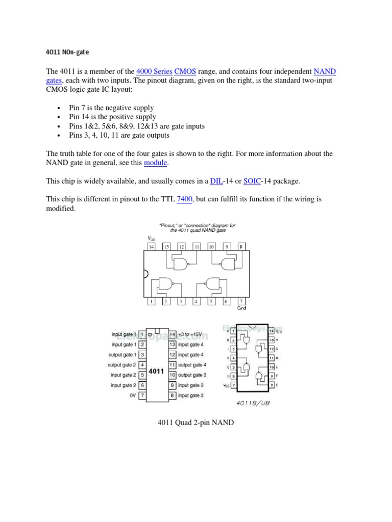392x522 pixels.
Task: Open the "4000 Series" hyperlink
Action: click(x=154, y=72)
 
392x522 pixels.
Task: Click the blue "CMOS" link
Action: click(x=185, y=72)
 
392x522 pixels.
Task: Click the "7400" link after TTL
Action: click(x=184, y=199)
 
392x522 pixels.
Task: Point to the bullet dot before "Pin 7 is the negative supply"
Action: click(x=60, y=109)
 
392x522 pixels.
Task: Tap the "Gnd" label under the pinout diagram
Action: click(x=242, y=308)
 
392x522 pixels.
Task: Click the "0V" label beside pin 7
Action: click(x=132, y=395)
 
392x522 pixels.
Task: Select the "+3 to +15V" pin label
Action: click(x=190, y=334)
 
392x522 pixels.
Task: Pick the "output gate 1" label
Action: click(x=122, y=355)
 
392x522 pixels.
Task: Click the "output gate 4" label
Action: click(x=192, y=365)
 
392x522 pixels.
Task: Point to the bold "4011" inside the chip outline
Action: click(x=156, y=371)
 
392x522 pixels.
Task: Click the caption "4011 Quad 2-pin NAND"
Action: click(x=195, y=422)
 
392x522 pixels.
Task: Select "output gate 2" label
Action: click(x=122, y=365)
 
